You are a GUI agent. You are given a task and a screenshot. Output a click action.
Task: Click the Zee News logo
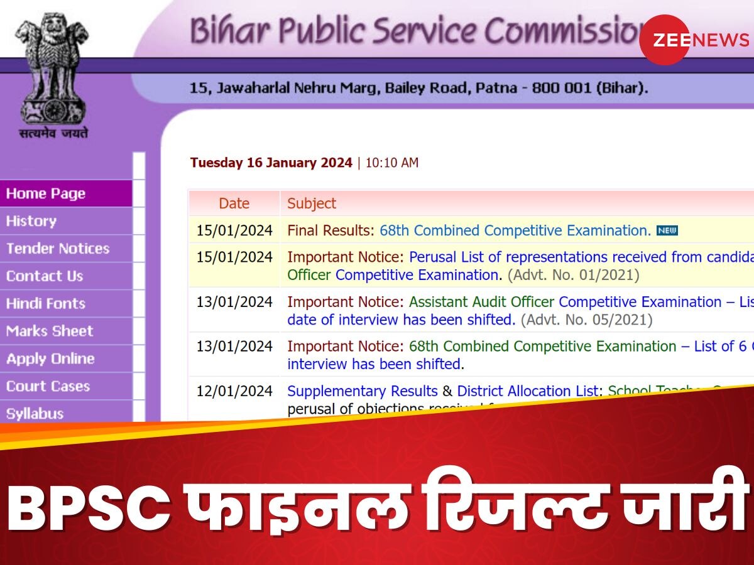[x=694, y=40]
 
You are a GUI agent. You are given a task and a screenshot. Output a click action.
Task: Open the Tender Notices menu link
[x=58, y=249]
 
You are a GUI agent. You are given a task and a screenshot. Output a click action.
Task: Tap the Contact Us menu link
[x=45, y=276]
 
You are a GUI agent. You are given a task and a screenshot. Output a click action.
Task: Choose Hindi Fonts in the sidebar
[x=46, y=304]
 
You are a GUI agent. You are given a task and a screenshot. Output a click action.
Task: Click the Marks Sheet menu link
[x=50, y=331]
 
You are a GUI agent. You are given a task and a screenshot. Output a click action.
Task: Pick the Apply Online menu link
[x=50, y=359]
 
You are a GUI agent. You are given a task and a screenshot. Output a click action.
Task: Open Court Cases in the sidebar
[x=48, y=387]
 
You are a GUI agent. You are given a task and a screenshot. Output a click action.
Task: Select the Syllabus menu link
[x=35, y=414]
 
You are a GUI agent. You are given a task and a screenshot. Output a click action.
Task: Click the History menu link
[x=31, y=221]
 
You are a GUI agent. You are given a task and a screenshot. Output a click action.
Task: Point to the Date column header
[x=234, y=203]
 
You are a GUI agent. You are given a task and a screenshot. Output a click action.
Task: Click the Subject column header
[x=312, y=203]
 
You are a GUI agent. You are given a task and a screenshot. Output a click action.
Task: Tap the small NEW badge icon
[x=667, y=230]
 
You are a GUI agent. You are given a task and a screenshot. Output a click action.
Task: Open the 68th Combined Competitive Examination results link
[x=515, y=230]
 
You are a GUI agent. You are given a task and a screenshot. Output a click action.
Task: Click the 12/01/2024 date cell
[x=234, y=391]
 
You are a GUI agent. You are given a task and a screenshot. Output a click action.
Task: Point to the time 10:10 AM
[x=391, y=163]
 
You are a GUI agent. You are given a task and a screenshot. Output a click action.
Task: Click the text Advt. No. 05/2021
[x=587, y=320]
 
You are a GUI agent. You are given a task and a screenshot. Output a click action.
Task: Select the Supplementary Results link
[x=363, y=391]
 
